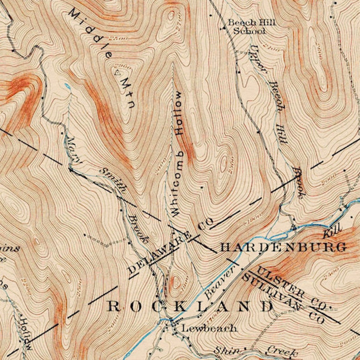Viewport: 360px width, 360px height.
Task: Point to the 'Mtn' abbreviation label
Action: [126, 94]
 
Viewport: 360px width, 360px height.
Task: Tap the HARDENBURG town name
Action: [283, 247]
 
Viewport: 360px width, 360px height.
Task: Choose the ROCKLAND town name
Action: [190, 306]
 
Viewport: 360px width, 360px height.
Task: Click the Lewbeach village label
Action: [209, 328]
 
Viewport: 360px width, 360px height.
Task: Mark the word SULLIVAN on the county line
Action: [272, 290]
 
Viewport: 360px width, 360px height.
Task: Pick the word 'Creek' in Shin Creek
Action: [282, 352]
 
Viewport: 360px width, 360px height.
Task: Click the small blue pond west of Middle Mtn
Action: [68, 86]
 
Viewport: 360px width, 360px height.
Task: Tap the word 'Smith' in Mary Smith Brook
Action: [112, 180]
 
